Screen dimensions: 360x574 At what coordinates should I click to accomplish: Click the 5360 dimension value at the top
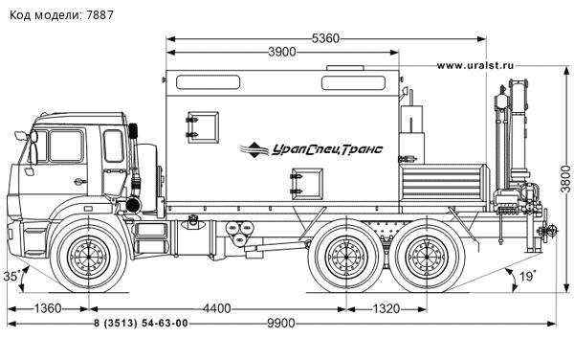click(x=325, y=38)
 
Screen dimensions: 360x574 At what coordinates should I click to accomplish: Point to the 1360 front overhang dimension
click(x=42, y=308)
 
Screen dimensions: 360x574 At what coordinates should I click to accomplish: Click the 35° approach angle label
click(x=12, y=276)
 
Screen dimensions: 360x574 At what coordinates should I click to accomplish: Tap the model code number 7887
click(x=104, y=11)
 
